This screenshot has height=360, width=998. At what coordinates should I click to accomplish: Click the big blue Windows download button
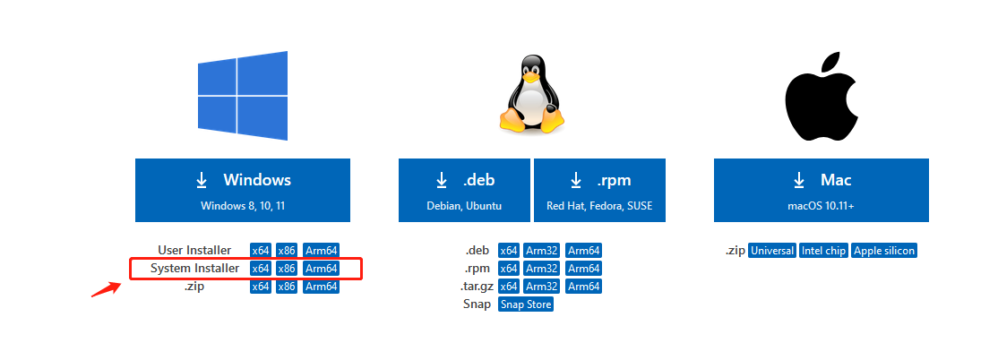[243, 190]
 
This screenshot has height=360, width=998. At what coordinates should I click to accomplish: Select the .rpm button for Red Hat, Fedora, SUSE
[599, 190]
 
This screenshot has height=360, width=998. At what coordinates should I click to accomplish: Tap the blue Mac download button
[821, 190]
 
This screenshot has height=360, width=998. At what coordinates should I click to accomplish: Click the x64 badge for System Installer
[260, 269]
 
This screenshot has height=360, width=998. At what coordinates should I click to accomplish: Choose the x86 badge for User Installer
[286, 251]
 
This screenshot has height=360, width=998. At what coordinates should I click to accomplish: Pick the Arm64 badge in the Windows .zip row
[321, 287]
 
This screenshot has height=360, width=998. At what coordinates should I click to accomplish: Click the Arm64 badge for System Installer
[321, 269]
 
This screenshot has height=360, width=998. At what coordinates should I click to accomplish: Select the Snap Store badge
[526, 304]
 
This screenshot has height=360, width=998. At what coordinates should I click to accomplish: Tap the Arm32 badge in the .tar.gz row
[542, 287]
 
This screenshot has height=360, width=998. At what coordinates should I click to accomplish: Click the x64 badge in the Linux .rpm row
[509, 269]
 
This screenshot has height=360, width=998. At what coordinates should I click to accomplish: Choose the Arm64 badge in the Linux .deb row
[583, 251]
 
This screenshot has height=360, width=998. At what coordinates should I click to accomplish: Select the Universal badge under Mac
[772, 251]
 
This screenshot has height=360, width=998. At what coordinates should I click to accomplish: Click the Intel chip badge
[823, 251]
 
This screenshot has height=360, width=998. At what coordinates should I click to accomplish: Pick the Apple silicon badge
[884, 251]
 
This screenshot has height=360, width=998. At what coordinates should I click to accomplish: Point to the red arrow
[107, 289]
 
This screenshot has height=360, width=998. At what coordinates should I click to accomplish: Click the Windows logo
[243, 95]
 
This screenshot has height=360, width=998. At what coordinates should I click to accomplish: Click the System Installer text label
[194, 269]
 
